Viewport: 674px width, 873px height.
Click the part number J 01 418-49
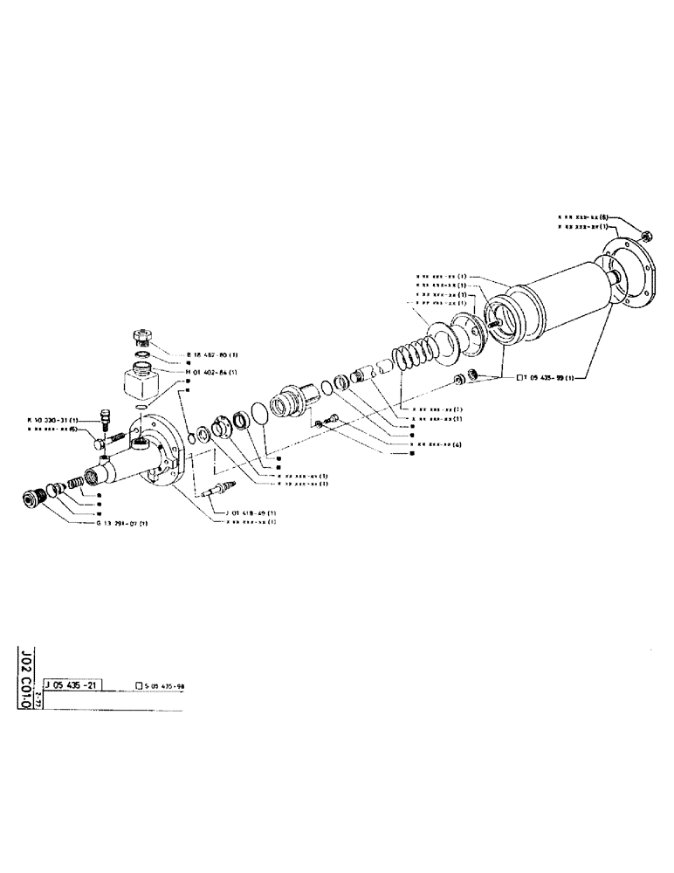252,512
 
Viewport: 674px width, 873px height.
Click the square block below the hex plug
142,384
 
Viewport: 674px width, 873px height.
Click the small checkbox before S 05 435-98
138,687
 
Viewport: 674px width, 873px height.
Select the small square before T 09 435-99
520,377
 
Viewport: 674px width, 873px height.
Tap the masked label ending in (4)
431,443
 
